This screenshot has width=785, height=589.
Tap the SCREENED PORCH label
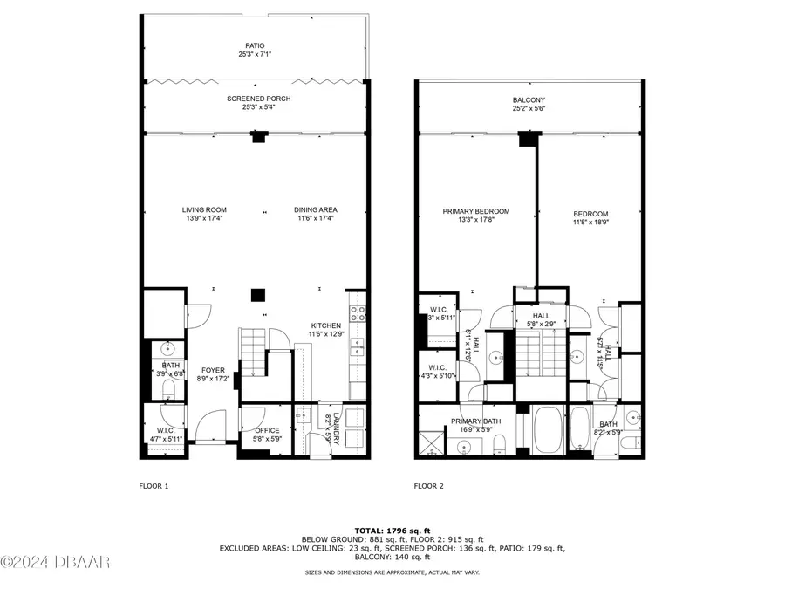[258, 99]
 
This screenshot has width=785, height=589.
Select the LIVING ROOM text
[204, 209]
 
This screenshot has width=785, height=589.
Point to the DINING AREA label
[315, 209]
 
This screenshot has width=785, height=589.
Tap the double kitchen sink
[358, 347]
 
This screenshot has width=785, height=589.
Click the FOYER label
[214, 370]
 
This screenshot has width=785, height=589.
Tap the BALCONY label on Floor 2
[529, 100]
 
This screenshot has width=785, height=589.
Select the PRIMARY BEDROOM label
[475, 211]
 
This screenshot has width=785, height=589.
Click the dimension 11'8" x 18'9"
[590, 223]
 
